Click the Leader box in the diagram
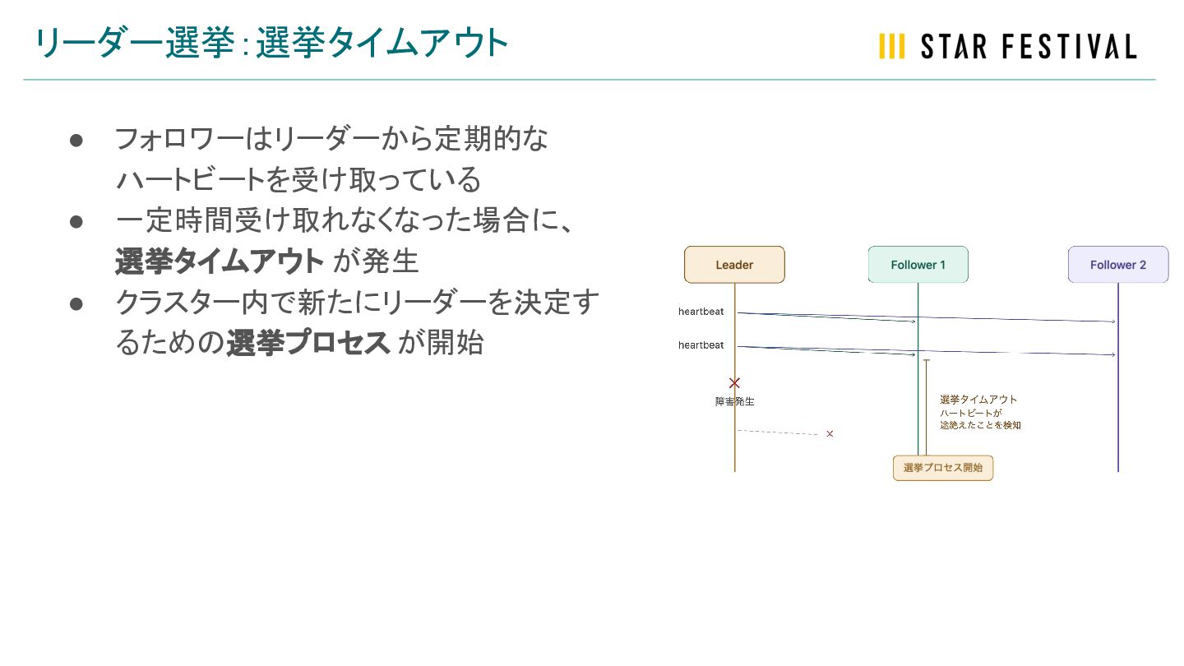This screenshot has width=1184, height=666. coord(734,265)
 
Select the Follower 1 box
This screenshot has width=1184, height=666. coord(918,265)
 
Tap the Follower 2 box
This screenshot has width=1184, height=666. coord(1117,265)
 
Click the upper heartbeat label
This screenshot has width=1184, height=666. coord(701,312)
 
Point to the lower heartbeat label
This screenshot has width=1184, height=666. coord(701,345)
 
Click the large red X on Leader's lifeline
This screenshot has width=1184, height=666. coord(734,383)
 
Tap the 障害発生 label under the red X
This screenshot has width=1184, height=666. coord(734,402)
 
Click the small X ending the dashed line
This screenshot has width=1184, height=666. coord(830,433)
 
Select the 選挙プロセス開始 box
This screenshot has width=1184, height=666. coord(942,468)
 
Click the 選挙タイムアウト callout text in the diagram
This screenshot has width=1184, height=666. coord(978,400)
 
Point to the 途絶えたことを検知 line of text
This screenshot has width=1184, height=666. coord(980,426)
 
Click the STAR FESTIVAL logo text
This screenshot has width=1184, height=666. coord(1028,47)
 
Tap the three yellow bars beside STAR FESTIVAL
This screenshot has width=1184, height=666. coord(891,47)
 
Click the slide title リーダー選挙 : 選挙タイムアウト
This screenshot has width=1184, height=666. coord(271,44)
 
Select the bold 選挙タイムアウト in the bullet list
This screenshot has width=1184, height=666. coord(220,261)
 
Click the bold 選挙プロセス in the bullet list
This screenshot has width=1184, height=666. coord(308,343)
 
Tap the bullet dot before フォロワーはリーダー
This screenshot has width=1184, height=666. coord(76,141)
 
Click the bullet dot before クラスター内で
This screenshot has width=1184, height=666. coord(76,303)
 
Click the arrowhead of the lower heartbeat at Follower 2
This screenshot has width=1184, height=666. coord(1113,354)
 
